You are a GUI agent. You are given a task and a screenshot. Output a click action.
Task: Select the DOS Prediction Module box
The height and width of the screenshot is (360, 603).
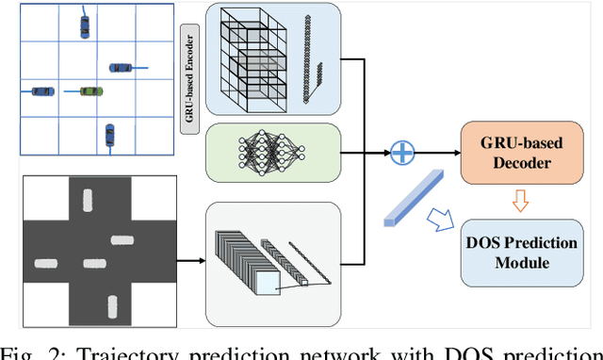(x=522, y=252)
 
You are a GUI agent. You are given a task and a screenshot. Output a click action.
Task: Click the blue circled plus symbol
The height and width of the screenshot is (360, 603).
(x=403, y=151)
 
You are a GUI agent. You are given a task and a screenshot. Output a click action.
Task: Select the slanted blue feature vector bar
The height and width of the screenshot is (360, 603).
(x=414, y=197)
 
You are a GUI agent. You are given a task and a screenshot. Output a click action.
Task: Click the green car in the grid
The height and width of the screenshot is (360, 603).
(x=90, y=91)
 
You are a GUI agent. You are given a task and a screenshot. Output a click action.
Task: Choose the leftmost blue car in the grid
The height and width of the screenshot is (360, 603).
(x=41, y=91)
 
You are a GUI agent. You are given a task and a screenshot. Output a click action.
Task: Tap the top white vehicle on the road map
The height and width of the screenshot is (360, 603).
(x=89, y=200)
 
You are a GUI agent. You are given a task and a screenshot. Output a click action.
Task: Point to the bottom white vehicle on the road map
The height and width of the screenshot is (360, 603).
(x=113, y=306)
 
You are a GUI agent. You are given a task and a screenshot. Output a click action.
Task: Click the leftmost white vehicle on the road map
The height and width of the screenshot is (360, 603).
(x=45, y=258)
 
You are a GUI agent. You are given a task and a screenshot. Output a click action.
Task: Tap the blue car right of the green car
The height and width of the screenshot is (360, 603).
(x=121, y=67)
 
